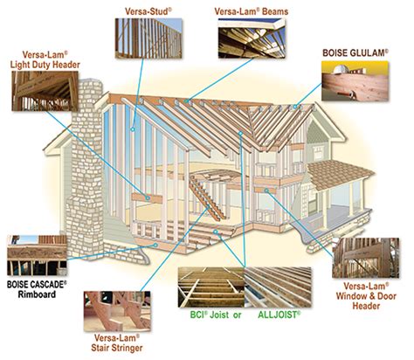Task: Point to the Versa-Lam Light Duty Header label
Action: pyautogui.click(x=42, y=58)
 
